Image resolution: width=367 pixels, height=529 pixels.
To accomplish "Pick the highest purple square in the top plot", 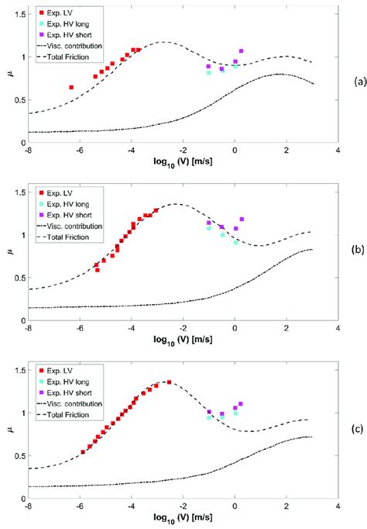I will pos(242,51).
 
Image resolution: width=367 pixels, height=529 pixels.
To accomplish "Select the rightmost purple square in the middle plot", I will pos(242,220).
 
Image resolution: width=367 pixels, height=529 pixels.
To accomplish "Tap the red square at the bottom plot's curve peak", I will pos(170,382).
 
